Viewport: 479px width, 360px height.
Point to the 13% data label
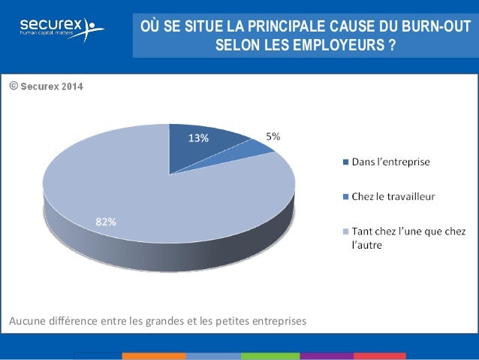click(198, 138)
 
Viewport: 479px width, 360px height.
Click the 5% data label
click(273, 136)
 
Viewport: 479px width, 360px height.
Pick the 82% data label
click(105, 222)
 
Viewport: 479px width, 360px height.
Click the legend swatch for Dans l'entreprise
click(345, 161)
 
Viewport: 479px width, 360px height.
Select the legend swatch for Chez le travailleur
click(345, 196)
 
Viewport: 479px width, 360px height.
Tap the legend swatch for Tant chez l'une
click(345, 231)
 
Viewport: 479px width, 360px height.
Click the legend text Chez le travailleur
click(393, 196)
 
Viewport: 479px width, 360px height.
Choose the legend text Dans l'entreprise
click(390, 161)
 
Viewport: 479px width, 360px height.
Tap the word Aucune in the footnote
click(26, 322)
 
